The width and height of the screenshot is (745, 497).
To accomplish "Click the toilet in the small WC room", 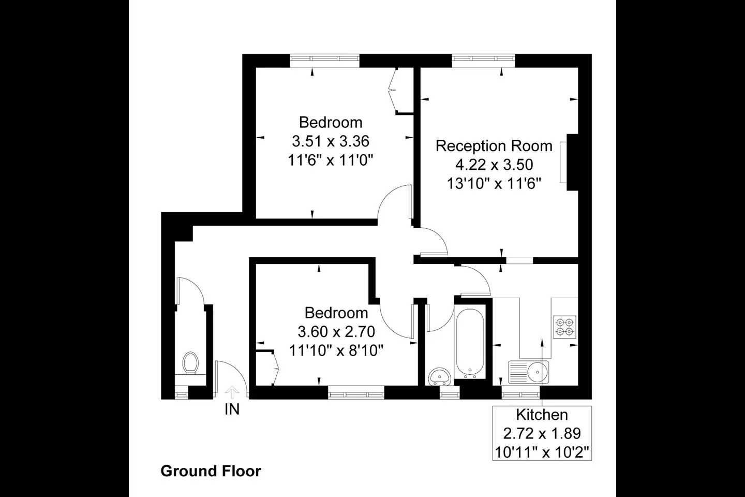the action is pyautogui.click(x=190, y=363).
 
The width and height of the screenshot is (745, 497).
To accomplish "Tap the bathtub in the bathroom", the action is pyautogui.click(x=470, y=344).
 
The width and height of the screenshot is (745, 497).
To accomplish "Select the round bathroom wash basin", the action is pyautogui.click(x=439, y=376).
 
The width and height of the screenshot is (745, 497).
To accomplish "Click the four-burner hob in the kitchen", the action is pyautogui.click(x=564, y=327).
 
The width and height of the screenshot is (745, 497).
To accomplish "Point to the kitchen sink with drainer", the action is pyautogui.click(x=529, y=372).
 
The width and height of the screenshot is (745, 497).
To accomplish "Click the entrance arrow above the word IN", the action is pyautogui.click(x=232, y=392).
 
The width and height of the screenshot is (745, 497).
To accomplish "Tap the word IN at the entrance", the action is pyautogui.click(x=232, y=409).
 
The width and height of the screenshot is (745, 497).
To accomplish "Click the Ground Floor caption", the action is pyautogui.click(x=211, y=471).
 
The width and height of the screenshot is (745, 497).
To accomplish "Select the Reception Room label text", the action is pyautogui.click(x=494, y=146).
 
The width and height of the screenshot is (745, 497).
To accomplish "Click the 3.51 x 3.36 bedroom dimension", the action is pyautogui.click(x=331, y=141).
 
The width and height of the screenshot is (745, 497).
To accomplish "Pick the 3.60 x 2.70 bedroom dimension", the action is pyautogui.click(x=336, y=331).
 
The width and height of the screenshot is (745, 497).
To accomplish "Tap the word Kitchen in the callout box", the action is pyautogui.click(x=542, y=415).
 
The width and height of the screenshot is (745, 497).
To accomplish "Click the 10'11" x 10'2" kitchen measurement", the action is pyautogui.click(x=542, y=452).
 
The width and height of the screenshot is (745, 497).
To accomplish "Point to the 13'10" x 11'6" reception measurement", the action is pyautogui.click(x=494, y=183).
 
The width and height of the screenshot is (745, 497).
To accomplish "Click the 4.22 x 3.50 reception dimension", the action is pyautogui.click(x=494, y=165).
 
